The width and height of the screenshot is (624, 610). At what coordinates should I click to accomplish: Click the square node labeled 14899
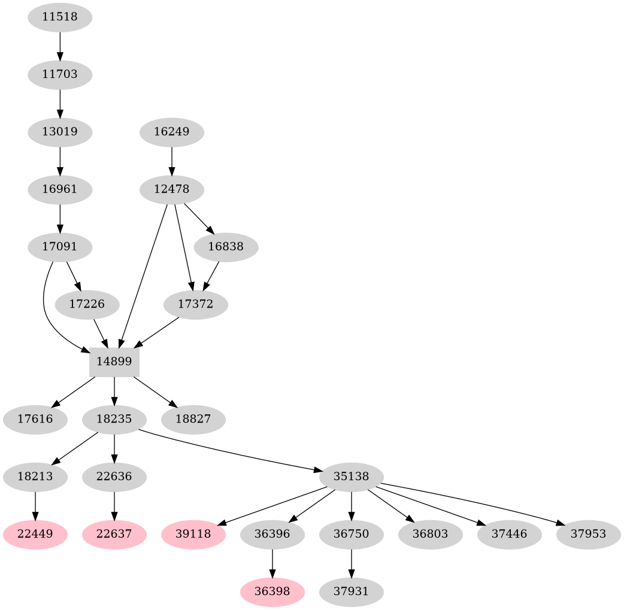(114, 362)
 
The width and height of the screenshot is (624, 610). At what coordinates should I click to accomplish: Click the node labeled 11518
(60, 17)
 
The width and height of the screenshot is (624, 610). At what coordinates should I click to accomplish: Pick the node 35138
(352, 477)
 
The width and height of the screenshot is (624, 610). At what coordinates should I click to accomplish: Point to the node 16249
(172, 131)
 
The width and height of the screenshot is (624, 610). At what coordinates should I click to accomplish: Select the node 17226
(87, 304)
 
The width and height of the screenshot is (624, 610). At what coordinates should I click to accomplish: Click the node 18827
(193, 419)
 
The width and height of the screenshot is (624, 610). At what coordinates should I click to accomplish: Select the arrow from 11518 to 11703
(60, 45)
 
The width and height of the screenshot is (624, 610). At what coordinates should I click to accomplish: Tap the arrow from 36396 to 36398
(272, 563)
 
